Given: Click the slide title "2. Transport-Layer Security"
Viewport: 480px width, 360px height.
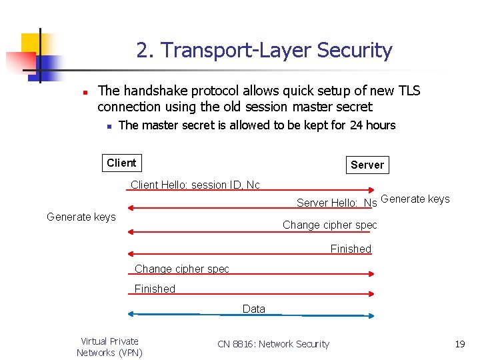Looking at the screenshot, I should [x=264, y=51].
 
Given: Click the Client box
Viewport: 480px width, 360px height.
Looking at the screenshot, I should [x=121, y=163].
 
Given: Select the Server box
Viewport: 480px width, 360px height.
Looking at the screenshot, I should [x=367, y=165].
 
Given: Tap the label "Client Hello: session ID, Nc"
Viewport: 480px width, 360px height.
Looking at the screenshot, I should [x=195, y=185].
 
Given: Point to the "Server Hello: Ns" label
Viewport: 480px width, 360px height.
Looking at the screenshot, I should [x=337, y=203].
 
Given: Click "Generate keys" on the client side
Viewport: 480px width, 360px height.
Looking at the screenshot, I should [x=81, y=217].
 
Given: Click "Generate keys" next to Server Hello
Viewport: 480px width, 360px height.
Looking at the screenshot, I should [x=415, y=199].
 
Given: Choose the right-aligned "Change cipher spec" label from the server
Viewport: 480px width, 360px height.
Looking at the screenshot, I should [x=329, y=225].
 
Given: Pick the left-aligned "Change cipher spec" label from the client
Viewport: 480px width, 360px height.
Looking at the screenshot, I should [x=181, y=269].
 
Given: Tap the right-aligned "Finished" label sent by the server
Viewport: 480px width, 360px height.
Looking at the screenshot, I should [x=351, y=249].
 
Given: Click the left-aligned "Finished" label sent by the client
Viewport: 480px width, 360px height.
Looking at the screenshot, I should [x=155, y=289].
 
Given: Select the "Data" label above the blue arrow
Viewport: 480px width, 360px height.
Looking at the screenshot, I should [x=254, y=309].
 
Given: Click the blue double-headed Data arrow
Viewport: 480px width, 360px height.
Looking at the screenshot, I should [x=200, y=314].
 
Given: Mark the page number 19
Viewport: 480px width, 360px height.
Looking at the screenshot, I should [x=459, y=344].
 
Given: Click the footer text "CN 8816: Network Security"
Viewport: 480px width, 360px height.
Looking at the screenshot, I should [x=273, y=344].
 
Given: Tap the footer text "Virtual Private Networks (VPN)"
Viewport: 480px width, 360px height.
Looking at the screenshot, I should [x=109, y=347].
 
